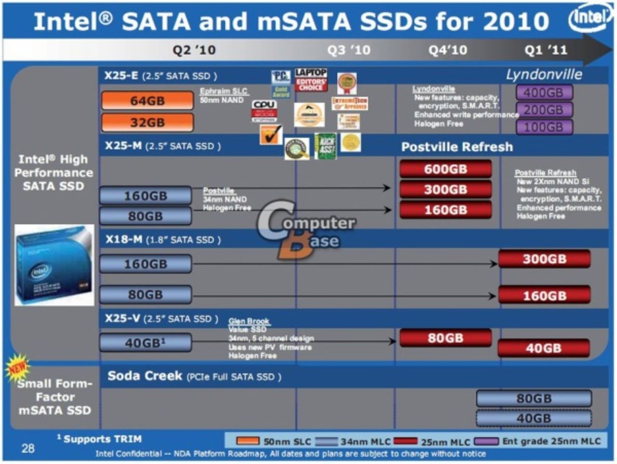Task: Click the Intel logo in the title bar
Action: click(x=589, y=18)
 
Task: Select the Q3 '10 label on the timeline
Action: click(x=349, y=50)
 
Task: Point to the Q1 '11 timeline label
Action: click(x=546, y=50)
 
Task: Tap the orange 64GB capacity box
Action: click(x=147, y=101)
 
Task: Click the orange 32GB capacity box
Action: click(x=147, y=123)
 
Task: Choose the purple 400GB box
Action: click(x=544, y=92)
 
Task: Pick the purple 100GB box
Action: click(x=544, y=127)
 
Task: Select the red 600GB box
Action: click(x=445, y=169)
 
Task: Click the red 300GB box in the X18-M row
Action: click(x=544, y=259)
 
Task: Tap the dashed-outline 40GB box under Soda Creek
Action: click(x=534, y=418)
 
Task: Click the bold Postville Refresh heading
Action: click(x=457, y=147)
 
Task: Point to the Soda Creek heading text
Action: click(x=145, y=376)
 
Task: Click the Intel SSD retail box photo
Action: click(x=54, y=265)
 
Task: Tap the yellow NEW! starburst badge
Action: click(x=17, y=368)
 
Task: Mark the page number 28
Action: click(x=28, y=448)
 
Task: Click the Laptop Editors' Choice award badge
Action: click(x=311, y=80)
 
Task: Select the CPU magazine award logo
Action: click(x=264, y=110)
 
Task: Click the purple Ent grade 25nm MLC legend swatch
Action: click(x=486, y=441)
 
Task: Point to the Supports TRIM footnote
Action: click(x=99, y=439)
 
